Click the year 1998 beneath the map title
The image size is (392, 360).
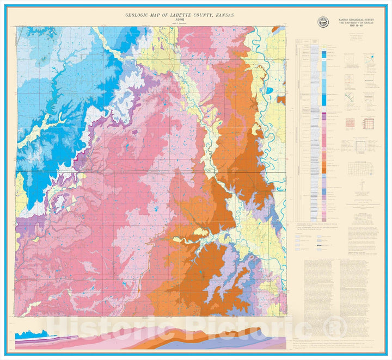[x=180, y=20]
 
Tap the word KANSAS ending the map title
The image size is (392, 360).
[x=224, y=15]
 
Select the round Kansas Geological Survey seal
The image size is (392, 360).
[x=323, y=22]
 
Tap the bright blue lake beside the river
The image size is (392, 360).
[x=268, y=91]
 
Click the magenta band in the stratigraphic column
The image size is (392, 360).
[x=323, y=116]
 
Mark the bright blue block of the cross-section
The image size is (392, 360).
[x=24, y=335]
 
